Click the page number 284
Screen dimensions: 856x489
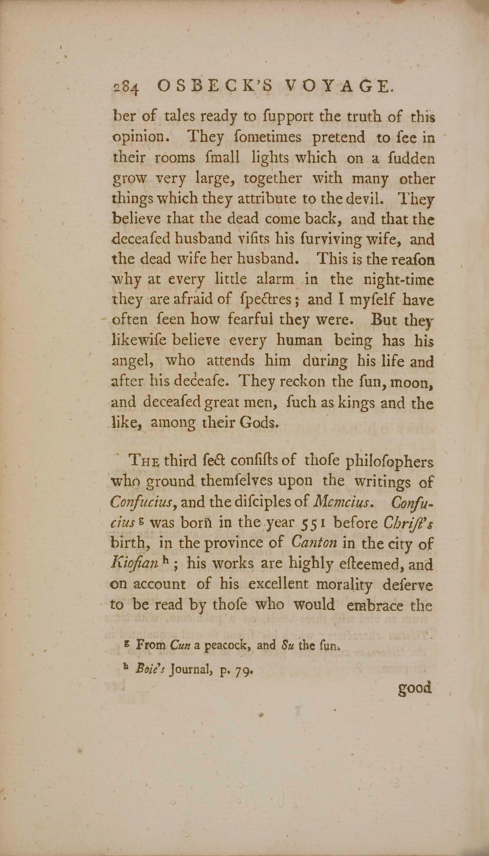(x=125, y=88)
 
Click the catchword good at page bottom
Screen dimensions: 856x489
(x=414, y=688)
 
